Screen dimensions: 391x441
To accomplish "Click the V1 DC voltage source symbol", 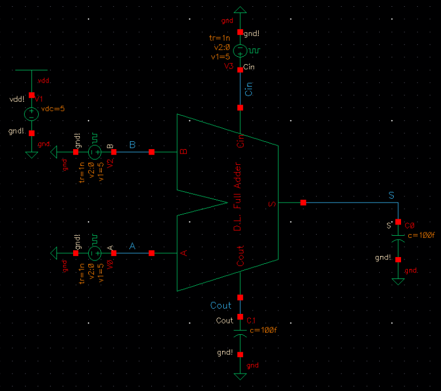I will click(31, 114).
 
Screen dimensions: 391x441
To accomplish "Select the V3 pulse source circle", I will click(240, 51).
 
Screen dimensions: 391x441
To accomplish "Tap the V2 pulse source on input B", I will click(94, 152).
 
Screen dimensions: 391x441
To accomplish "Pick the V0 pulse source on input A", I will click(94, 254).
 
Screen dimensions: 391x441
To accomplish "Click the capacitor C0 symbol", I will click(398, 240).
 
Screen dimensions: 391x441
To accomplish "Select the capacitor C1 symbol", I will click(240, 335).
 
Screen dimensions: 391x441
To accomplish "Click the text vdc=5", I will click(53, 109).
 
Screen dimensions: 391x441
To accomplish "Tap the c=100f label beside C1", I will click(262, 330).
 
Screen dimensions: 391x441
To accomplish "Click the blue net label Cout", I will click(221, 305).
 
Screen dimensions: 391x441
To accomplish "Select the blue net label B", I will click(132, 145).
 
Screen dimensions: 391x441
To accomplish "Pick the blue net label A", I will click(132, 246).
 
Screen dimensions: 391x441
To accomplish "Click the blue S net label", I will click(392, 195).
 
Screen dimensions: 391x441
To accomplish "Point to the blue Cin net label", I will click(250, 89).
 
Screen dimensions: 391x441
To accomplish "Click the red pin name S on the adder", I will click(272, 203).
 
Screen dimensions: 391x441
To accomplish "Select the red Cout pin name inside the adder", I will click(241, 257).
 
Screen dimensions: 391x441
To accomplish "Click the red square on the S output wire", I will click(303, 203).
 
